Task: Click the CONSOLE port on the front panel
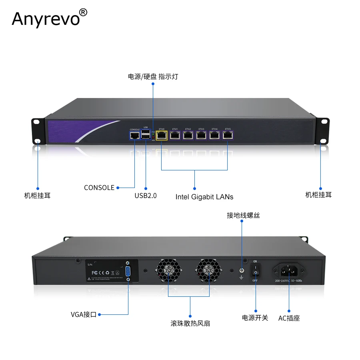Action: pos(135,135)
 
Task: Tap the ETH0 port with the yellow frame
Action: pos(162,135)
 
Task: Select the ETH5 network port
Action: pos(228,135)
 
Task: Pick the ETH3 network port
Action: pos(201,135)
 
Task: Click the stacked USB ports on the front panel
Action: pos(146,135)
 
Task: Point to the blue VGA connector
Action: pos(128,271)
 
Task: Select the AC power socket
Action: pos(289,271)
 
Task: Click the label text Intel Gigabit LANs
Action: pos(204,197)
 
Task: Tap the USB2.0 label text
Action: pos(146,196)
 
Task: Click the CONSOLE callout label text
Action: pos(99,188)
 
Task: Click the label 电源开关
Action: pos(255,318)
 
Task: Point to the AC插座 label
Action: pos(289,318)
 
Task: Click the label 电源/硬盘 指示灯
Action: pos(153,76)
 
